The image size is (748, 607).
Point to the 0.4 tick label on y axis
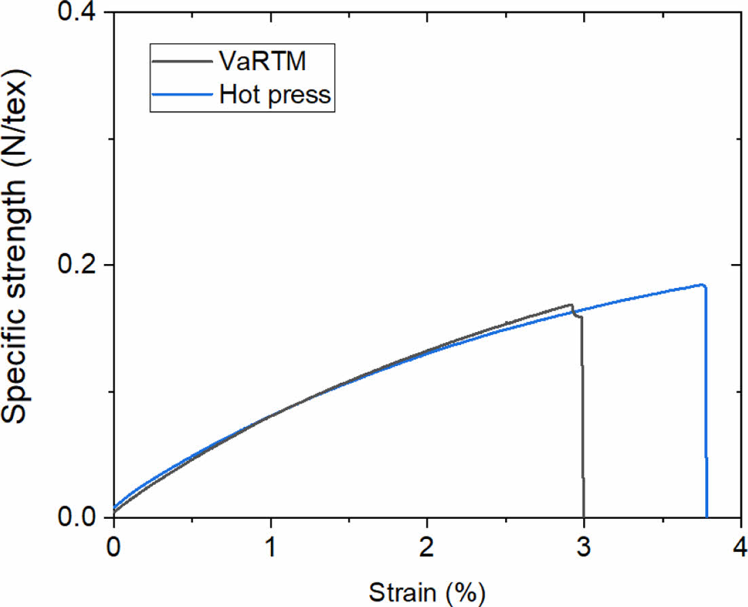point(77,13)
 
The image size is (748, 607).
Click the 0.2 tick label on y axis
point(77,265)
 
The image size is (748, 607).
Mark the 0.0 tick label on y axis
point(77,517)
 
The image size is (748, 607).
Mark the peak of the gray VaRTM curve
point(572,306)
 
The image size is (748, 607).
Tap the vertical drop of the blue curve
point(706,407)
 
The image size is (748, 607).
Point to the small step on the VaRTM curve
point(577,315)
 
